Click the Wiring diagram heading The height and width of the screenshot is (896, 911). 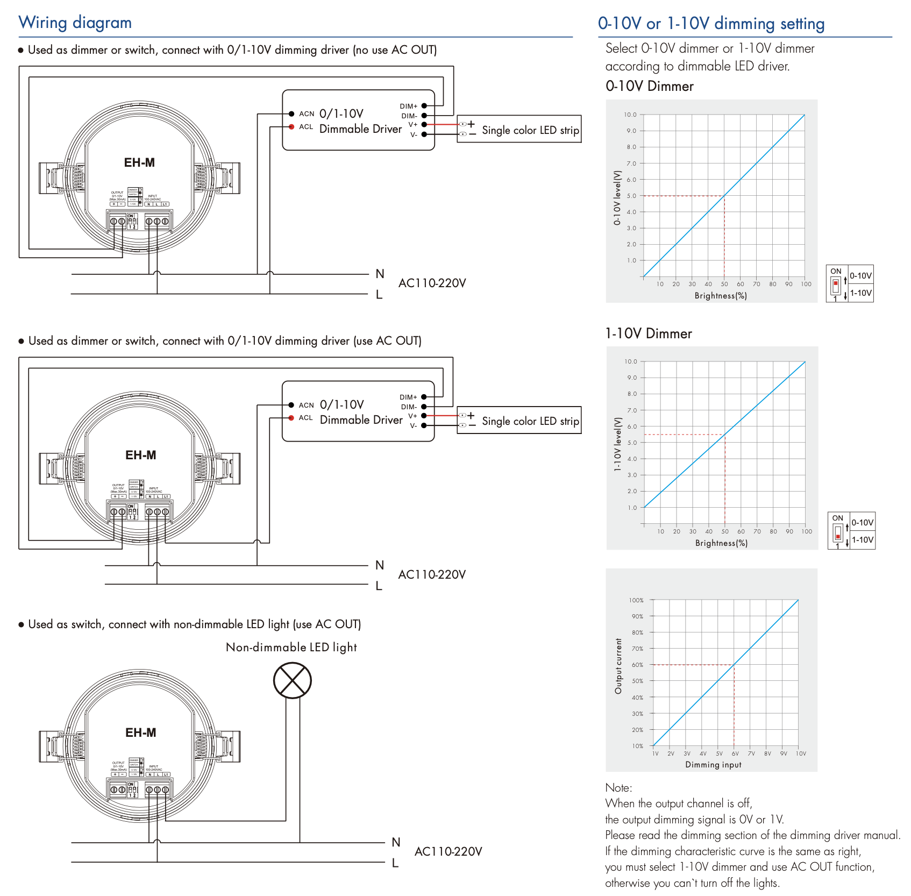tap(75, 23)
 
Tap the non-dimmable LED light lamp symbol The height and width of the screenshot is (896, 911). tap(292, 680)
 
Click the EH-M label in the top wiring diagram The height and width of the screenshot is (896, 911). tap(139, 162)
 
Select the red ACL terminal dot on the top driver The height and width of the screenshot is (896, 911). tap(291, 127)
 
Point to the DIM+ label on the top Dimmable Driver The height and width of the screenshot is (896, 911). tap(408, 106)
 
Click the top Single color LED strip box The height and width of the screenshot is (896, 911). tap(519, 129)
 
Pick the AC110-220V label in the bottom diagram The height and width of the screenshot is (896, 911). tap(448, 851)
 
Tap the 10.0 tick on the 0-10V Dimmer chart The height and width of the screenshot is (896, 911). tap(630, 115)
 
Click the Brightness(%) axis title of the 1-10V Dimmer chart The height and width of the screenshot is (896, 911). tap(721, 543)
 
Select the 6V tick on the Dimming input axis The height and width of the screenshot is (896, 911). tap(735, 753)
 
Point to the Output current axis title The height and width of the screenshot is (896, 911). tap(618, 666)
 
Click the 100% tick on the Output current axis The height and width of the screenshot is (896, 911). tap(636, 600)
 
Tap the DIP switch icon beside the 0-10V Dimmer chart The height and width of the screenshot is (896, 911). tap(836, 284)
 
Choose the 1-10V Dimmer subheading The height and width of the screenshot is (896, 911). tap(648, 333)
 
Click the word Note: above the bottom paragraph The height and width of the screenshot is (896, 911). tap(618, 788)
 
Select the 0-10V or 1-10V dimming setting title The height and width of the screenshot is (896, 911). tap(711, 24)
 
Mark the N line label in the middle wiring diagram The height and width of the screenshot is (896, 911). tap(380, 565)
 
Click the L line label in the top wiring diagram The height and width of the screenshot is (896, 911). tap(379, 295)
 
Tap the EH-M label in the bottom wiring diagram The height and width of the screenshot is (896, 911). tap(140, 733)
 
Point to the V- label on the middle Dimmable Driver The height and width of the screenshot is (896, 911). tap(413, 425)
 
